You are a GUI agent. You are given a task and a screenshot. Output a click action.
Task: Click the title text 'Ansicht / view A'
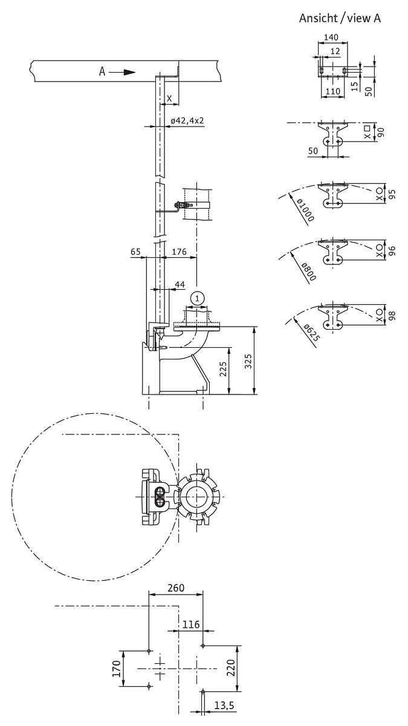340,18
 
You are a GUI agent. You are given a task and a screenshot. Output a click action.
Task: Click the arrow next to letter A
122,71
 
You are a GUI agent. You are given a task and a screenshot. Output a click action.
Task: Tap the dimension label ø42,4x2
187,121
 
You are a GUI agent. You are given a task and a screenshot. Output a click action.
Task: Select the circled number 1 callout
198,298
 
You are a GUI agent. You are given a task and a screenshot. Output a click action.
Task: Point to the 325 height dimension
248,361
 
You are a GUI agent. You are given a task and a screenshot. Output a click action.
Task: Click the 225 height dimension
223,369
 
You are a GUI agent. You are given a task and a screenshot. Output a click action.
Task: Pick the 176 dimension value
179,252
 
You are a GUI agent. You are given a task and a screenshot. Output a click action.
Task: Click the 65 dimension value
135,252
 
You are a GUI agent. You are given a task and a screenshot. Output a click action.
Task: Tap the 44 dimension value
180,284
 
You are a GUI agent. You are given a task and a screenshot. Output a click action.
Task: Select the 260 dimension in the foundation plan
176,587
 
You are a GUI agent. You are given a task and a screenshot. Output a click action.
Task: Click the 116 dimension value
191,624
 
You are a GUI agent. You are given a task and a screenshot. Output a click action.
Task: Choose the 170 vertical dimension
117,669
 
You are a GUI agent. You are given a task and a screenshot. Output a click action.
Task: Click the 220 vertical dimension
231,667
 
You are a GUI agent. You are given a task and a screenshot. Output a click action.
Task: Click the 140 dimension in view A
331,38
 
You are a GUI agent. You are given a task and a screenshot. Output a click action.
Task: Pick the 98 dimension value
392,316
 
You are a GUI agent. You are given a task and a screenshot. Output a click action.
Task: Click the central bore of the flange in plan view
196,496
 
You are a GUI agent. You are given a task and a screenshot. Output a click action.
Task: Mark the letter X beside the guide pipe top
169,98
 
